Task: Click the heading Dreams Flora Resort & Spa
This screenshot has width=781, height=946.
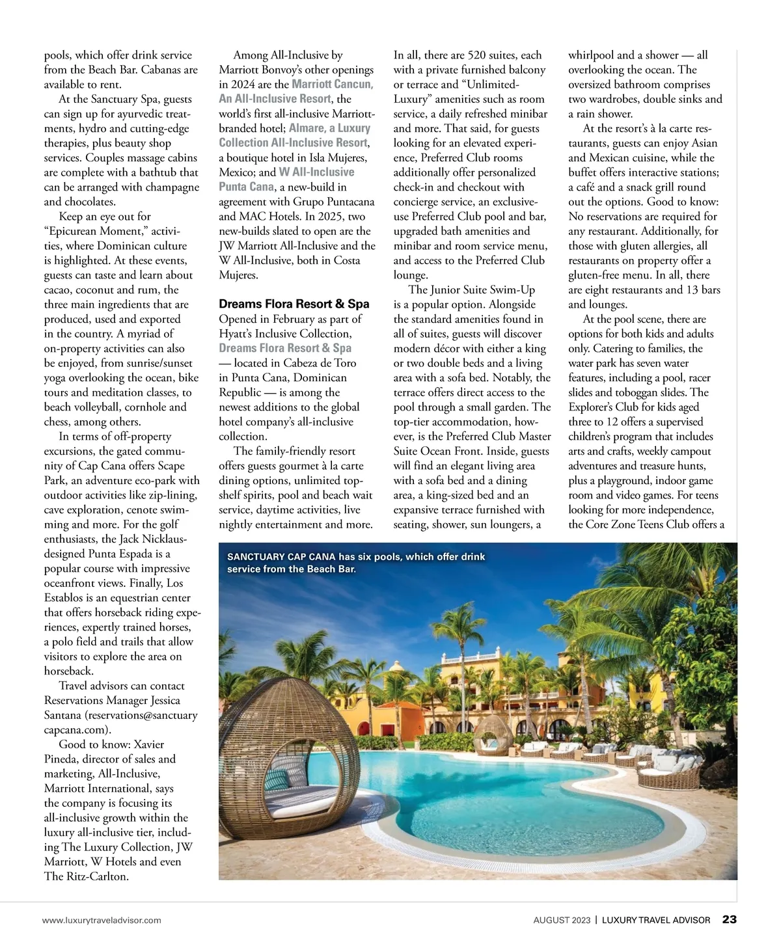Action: pyautogui.click(x=294, y=304)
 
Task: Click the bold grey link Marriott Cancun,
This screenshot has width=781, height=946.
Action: pyautogui.click(x=332, y=85)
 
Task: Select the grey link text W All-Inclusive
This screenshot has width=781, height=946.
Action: pyautogui.click(x=316, y=172)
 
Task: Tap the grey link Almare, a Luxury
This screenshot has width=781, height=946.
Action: pyautogui.click(x=329, y=128)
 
